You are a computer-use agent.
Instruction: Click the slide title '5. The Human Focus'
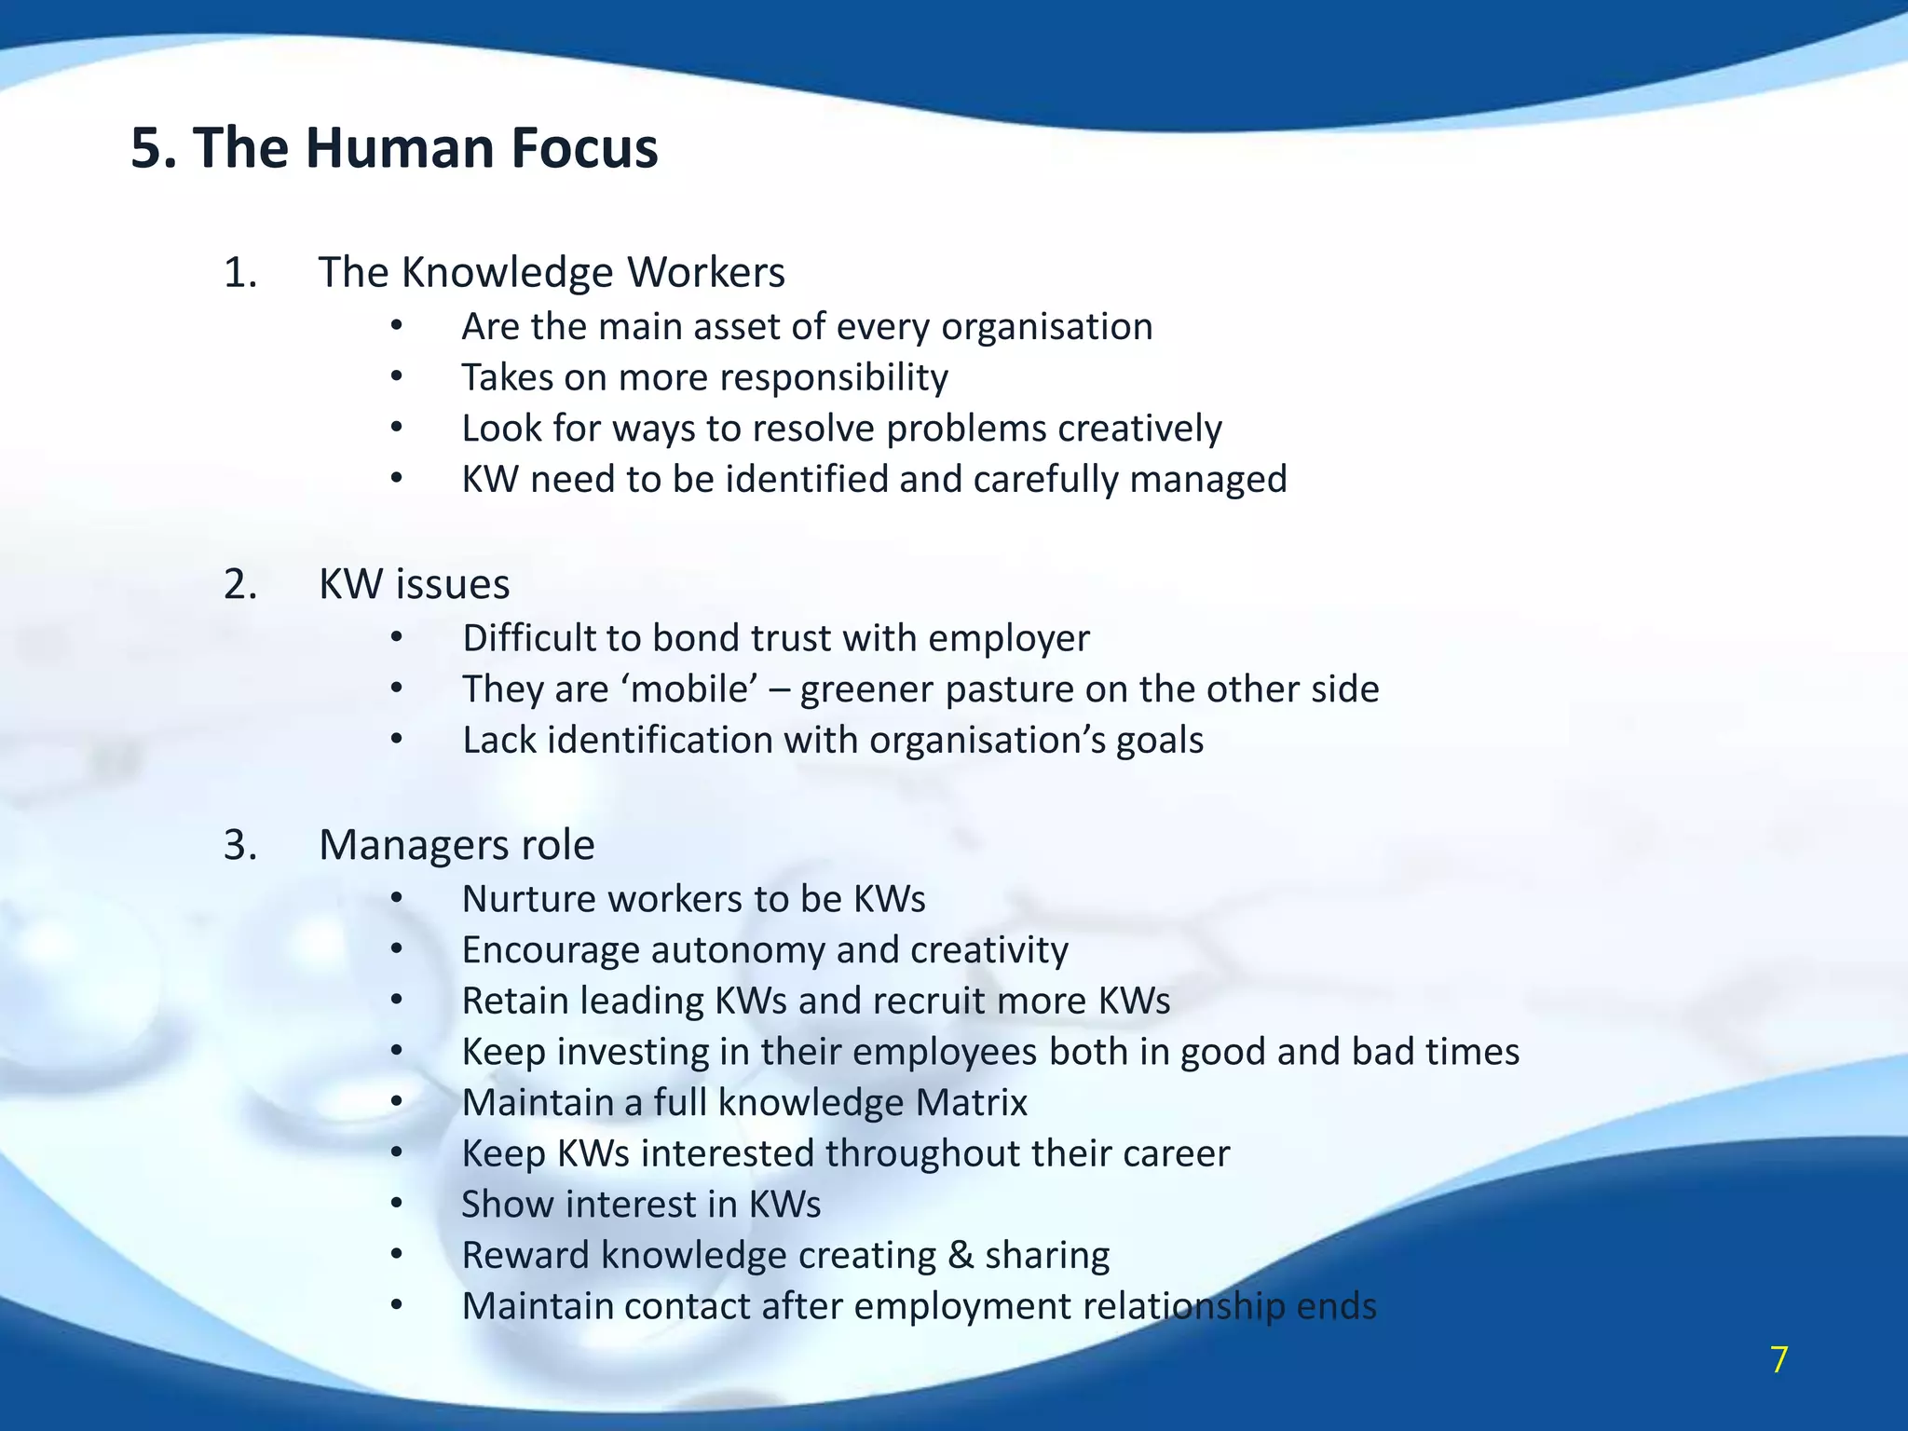[x=394, y=148]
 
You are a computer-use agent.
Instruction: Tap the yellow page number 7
[x=1779, y=1360]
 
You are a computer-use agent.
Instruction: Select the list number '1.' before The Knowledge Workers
[x=239, y=273]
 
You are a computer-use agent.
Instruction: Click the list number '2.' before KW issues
[x=239, y=585]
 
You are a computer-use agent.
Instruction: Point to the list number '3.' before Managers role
[x=239, y=846]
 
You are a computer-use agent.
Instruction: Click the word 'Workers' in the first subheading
[x=705, y=273]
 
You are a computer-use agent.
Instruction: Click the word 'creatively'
[x=1139, y=429]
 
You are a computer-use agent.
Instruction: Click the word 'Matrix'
[x=971, y=1103]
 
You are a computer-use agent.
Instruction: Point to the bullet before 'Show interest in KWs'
[x=396, y=1204]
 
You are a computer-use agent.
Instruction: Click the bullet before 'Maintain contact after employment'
[x=396, y=1306]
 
